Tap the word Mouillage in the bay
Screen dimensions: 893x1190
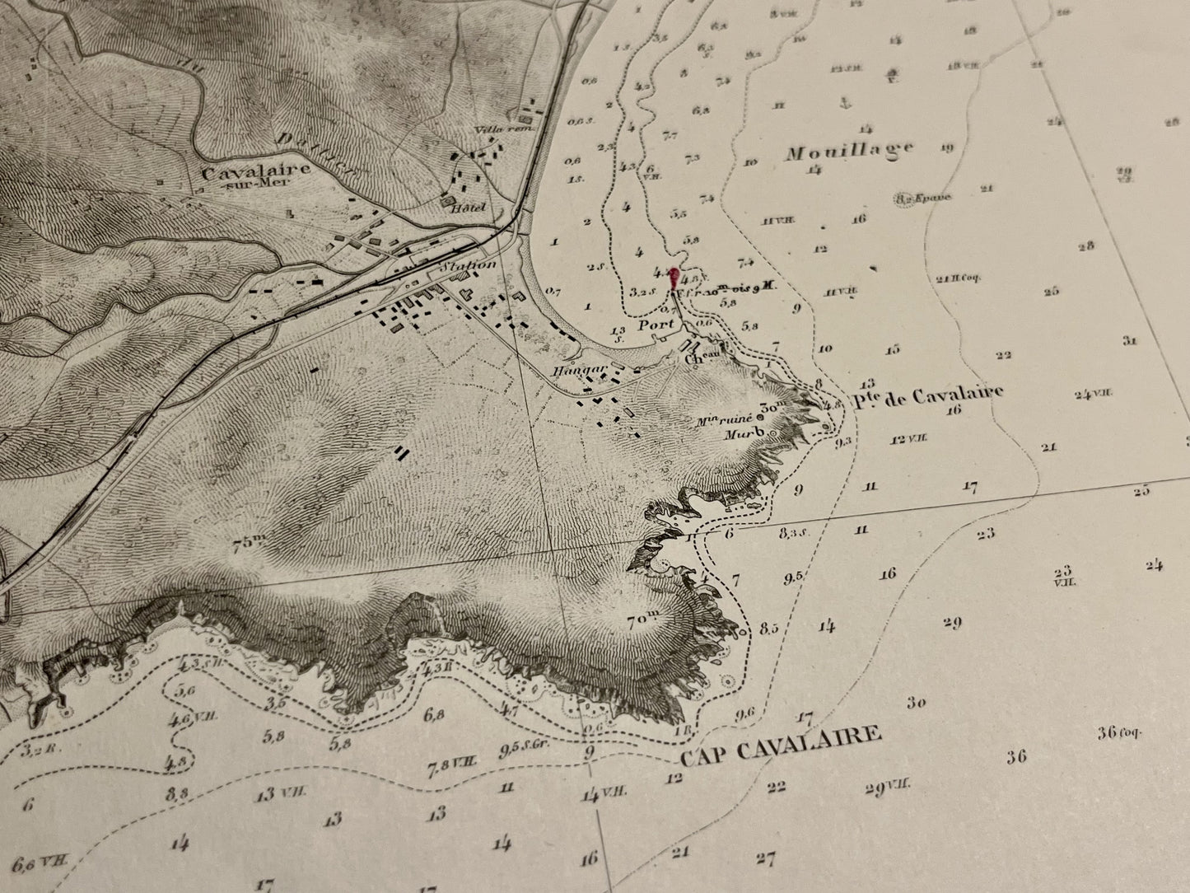[x=849, y=152]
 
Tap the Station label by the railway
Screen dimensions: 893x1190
[x=469, y=265]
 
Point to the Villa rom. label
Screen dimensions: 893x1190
[x=505, y=129]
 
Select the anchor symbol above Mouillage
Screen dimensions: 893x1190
[x=842, y=103]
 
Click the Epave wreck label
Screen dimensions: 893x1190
[x=929, y=198]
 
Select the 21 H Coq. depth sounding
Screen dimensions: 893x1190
[x=954, y=278]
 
